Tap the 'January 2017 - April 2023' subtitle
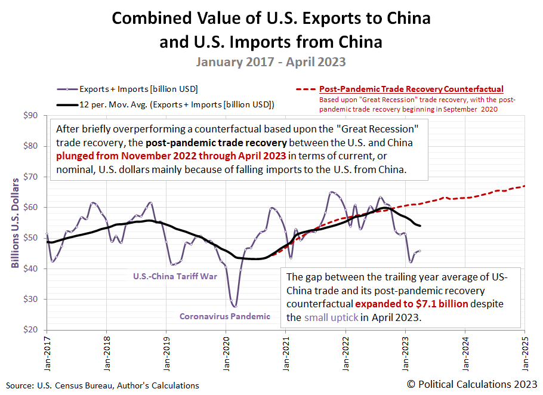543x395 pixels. point(271,61)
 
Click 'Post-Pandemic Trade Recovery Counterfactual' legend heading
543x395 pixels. point(411,89)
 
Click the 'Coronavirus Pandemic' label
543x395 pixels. point(224,316)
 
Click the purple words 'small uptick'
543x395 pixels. point(331,317)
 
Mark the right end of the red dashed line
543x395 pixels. point(525,186)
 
